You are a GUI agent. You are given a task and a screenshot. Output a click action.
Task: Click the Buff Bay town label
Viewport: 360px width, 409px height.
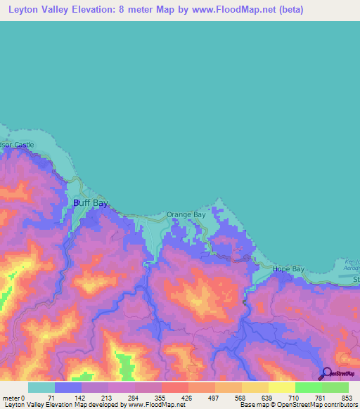(x=91, y=203)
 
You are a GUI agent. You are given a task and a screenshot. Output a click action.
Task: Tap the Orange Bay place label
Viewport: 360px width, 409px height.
(x=186, y=214)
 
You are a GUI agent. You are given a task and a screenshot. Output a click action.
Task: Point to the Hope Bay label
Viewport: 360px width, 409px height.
(x=287, y=269)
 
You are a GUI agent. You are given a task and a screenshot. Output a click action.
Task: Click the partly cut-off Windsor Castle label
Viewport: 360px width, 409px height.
(x=16, y=145)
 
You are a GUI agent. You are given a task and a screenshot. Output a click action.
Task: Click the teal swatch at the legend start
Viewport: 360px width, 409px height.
(x=41, y=387)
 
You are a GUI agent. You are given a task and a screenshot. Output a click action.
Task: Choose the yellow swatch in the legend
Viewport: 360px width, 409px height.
(x=255, y=387)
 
